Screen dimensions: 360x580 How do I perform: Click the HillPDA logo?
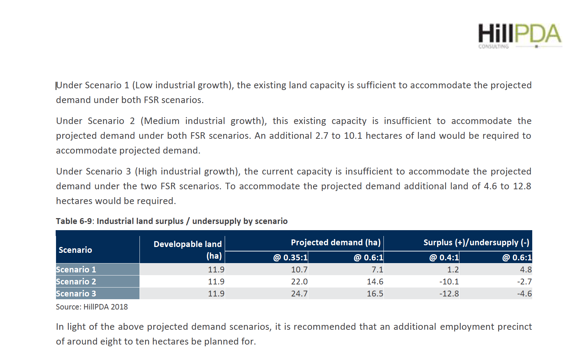520,35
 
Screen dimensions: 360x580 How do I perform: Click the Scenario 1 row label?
76,270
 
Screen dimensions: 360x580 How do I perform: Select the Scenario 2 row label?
76,282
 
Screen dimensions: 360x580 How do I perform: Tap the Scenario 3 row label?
76,294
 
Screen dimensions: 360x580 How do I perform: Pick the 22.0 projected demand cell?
299,282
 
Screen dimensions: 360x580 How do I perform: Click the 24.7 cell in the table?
299,294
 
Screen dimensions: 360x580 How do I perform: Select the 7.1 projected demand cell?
377,270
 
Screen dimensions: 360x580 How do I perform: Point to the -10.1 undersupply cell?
449,282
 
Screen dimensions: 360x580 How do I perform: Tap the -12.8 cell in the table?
449,294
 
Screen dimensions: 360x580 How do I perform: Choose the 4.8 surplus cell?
526,270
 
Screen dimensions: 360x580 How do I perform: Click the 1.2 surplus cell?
453,270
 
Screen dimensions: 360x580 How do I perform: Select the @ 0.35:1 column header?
290,258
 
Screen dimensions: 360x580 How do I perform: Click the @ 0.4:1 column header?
444,258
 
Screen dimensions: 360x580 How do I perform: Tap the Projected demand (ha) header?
335,243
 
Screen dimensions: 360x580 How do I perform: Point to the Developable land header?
188,244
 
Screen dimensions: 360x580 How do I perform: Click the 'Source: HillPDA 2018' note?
92,307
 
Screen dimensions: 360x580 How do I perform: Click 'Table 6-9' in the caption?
74,221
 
